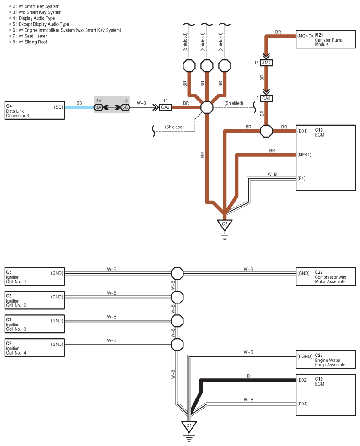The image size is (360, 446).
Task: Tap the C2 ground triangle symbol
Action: pyautogui.click(x=225, y=225)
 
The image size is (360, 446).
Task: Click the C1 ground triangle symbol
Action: pyautogui.click(x=189, y=427)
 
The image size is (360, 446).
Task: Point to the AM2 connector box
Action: pyautogui.click(x=266, y=63)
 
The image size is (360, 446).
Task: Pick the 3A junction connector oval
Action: pyautogui.click(x=98, y=107)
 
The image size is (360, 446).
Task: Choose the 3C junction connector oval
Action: pyautogui.click(x=125, y=107)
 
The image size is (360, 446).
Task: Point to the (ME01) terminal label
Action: pyautogui.click(x=305, y=155)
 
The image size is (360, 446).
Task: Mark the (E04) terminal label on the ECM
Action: pyautogui.click(x=302, y=404)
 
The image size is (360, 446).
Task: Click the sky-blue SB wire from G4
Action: pyautogui.click(x=80, y=107)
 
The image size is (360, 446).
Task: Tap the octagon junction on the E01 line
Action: pyautogui.click(x=266, y=131)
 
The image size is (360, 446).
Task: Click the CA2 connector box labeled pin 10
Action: pyautogui.click(x=166, y=107)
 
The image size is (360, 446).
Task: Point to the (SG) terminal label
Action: pyautogui.click(x=59, y=107)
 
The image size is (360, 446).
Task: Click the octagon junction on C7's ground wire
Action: pyautogui.click(x=177, y=321)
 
